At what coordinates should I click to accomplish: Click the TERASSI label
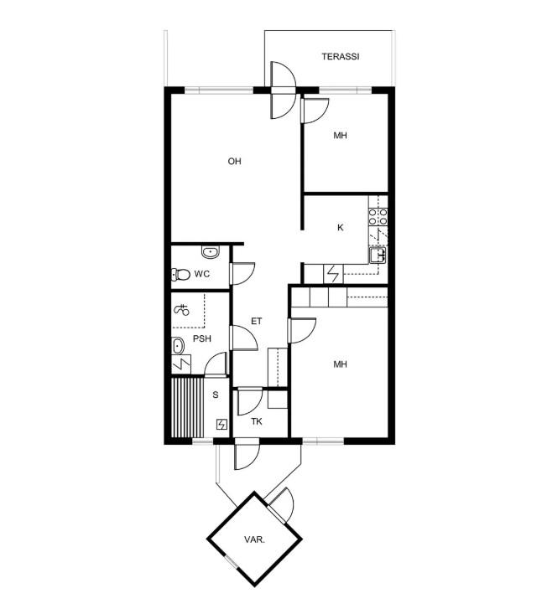pyautogui.click(x=340, y=57)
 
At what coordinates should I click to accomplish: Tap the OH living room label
pyautogui.click(x=234, y=161)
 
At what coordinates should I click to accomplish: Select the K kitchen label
pyautogui.click(x=341, y=228)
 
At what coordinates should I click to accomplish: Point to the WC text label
pyautogui.click(x=202, y=274)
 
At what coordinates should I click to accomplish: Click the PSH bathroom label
pyautogui.click(x=202, y=338)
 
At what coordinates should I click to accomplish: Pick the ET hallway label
pyautogui.click(x=257, y=321)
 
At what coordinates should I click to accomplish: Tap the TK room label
pyautogui.click(x=257, y=421)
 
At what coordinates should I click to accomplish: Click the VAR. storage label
pyautogui.click(x=255, y=539)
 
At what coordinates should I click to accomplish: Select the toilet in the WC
pyautogui.click(x=180, y=274)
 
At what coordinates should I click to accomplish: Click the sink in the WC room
pyautogui.click(x=211, y=252)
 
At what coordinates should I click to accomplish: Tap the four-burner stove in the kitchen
pyautogui.click(x=378, y=217)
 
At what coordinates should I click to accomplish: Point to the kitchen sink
pyautogui.click(x=378, y=255)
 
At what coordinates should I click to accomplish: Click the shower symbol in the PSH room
pyautogui.click(x=182, y=310)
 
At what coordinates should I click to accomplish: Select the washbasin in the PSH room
pyautogui.click(x=178, y=346)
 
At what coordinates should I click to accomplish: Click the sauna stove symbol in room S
pyautogui.click(x=221, y=424)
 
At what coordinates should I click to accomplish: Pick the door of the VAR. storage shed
pyautogui.click(x=281, y=505)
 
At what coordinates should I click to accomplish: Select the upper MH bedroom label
pyautogui.click(x=340, y=136)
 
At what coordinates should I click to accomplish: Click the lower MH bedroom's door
pyautogui.click(x=302, y=331)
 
